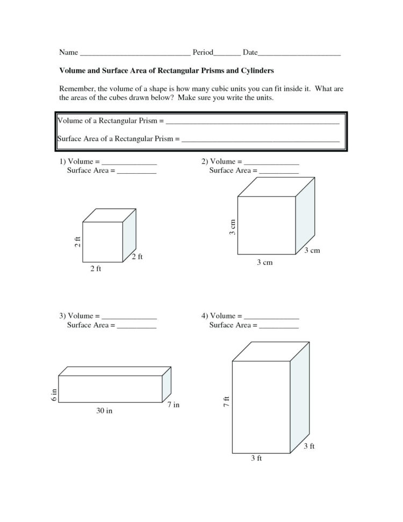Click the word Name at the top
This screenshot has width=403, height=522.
click(x=68, y=53)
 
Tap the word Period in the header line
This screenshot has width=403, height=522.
click(x=203, y=53)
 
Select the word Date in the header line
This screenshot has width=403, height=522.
click(x=250, y=53)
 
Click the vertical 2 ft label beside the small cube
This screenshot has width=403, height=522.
click(x=77, y=243)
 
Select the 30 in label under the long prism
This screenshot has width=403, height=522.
click(x=105, y=412)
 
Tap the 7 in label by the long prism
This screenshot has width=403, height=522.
click(x=173, y=405)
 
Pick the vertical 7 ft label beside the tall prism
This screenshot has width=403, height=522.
click(x=227, y=401)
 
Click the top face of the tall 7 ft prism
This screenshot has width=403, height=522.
click(x=271, y=351)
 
